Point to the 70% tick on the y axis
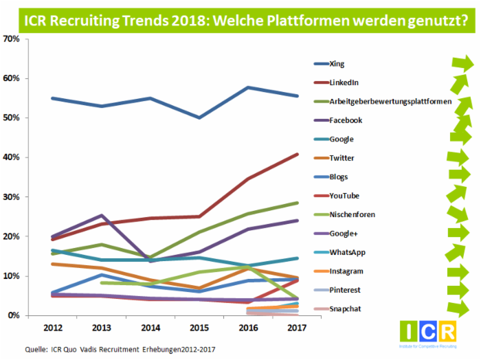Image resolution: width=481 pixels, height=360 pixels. (x=12, y=39)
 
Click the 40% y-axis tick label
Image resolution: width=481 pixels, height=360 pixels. (x=12, y=157)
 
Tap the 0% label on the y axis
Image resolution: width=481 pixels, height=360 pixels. (x=14, y=315)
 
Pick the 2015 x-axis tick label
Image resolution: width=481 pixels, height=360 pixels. (x=200, y=327)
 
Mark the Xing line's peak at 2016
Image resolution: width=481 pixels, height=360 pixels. (x=248, y=88)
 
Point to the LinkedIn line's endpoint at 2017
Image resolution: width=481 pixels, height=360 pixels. (x=298, y=154)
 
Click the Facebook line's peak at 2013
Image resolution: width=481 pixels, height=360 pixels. (x=102, y=216)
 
